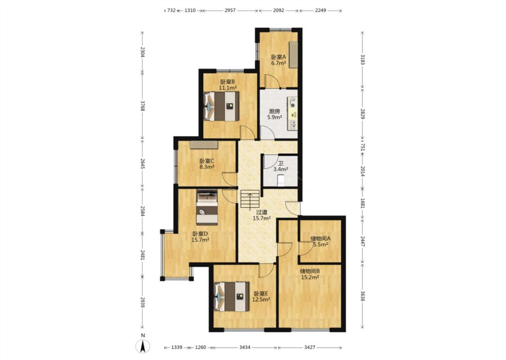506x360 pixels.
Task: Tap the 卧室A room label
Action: tap(278, 57)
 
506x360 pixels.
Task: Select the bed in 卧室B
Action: tap(221, 106)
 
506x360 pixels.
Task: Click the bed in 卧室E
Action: tap(232, 297)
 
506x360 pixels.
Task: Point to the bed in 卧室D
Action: tap(207, 207)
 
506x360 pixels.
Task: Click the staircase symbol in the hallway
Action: tap(250, 199)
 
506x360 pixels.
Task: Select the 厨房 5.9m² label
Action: tap(274, 114)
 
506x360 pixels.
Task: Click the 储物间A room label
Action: tap(320, 238)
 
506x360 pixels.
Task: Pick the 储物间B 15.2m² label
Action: tap(310, 274)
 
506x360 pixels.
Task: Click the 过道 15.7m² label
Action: tap(261, 215)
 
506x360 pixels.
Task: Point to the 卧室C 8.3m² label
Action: tap(207, 164)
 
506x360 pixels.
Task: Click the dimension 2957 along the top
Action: tap(230, 10)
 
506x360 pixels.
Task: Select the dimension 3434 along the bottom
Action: tap(245, 347)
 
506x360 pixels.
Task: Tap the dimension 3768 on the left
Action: tap(143, 106)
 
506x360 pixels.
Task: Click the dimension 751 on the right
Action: tap(362, 147)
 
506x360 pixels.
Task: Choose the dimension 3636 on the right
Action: tap(362, 297)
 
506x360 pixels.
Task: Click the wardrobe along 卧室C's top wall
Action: tap(204, 144)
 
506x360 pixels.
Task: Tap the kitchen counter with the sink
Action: tap(293, 113)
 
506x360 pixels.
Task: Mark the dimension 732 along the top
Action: tap(171, 10)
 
